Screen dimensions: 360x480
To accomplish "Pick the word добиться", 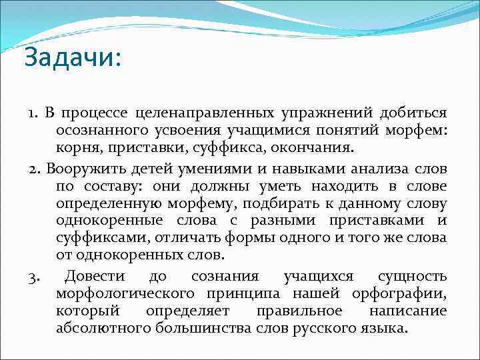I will tap(413, 111).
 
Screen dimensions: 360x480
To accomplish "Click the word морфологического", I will tap(126, 293).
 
